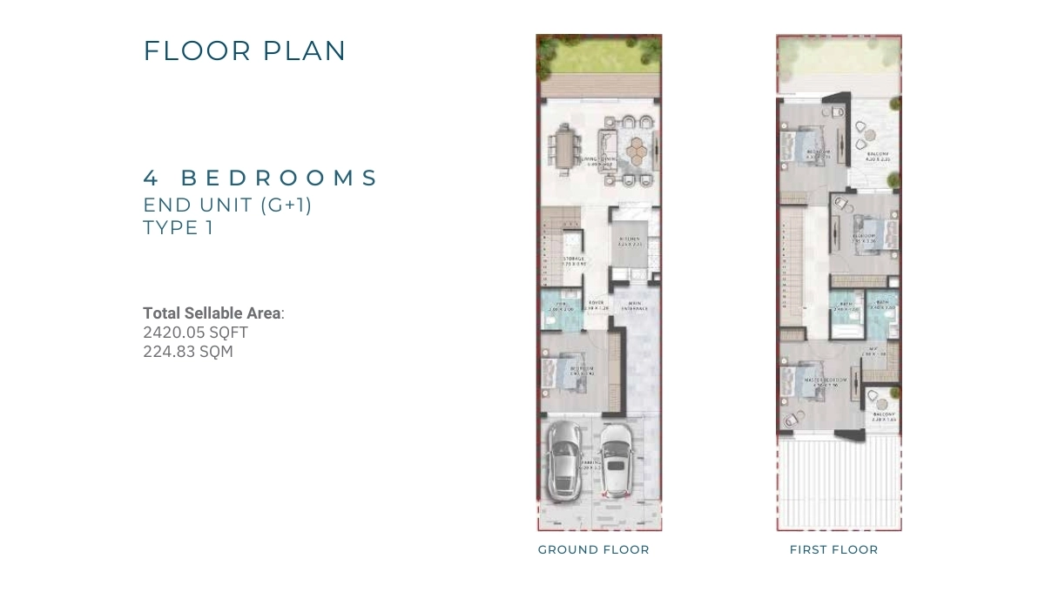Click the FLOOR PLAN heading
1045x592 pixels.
tap(245, 50)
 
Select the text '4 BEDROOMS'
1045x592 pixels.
tap(260, 178)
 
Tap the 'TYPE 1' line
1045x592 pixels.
tap(179, 228)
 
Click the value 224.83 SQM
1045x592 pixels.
tap(188, 352)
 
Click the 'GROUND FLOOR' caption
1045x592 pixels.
tap(593, 549)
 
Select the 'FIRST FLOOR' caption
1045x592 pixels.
tap(833, 549)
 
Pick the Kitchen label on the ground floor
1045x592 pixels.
tap(630, 240)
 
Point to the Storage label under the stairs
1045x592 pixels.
tap(573, 259)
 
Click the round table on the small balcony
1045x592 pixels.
tap(882, 398)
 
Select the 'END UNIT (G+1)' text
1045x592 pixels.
tap(227, 205)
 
